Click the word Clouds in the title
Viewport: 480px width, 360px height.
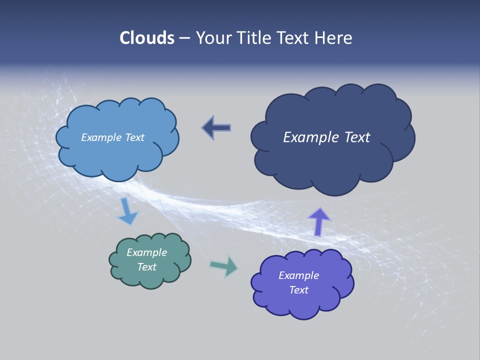tap(147, 38)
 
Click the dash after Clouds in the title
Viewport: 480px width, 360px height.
tap(184, 38)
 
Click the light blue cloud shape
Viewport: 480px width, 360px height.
tap(117, 155)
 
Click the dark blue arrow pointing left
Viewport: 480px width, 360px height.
tap(217, 127)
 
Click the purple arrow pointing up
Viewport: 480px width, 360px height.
tap(319, 221)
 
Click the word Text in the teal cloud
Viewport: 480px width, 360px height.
tap(146, 267)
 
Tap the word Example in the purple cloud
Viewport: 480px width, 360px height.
tap(298, 275)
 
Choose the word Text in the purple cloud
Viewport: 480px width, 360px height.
tap(298, 290)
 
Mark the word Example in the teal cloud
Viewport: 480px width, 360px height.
tap(146, 252)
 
